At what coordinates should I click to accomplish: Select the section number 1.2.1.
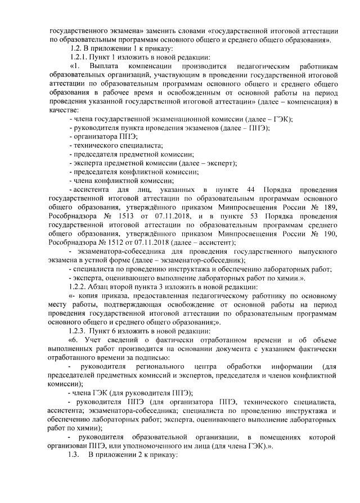pyautogui.click(x=78, y=58)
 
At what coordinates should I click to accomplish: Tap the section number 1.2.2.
pyautogui.click(x=78, y=286)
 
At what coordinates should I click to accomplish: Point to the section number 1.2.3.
pyautogui.click(x=78, y=332)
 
